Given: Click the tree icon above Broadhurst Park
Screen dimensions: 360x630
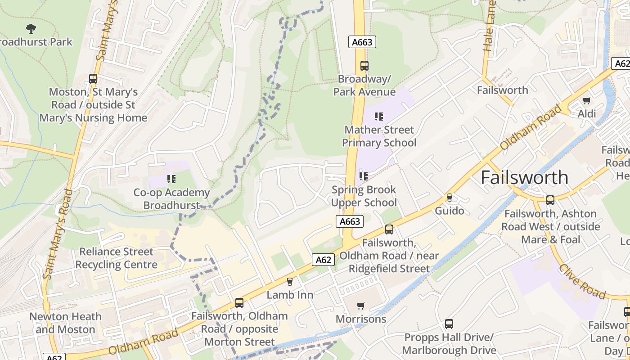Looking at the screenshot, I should click(31, 29).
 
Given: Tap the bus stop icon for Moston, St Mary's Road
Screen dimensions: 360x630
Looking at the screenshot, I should click(93, 79).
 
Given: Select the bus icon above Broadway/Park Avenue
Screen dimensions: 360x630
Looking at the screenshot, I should click(364, 66).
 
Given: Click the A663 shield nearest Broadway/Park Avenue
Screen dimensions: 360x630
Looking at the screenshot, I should click(362, 42).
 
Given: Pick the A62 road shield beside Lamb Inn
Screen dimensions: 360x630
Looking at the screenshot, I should click(323, 260).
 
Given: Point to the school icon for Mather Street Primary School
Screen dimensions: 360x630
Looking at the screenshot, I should click(379, 117).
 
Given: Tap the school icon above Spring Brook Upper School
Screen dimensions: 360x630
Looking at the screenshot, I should click(363, 176).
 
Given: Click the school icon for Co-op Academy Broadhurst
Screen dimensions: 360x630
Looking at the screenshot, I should click(171, 180).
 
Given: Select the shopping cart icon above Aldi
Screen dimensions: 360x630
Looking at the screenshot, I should click(586, 101).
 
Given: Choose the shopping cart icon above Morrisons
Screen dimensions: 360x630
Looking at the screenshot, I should click(360, 306).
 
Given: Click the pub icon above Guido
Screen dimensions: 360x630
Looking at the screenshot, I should click(449, 198).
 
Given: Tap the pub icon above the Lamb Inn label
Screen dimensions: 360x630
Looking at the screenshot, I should click(290, 282).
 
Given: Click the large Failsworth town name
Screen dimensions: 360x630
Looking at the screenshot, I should click(524, 178).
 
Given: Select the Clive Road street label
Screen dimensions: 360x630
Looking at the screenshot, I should click(582, 282).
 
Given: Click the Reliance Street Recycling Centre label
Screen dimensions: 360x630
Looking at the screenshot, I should click(116, 258).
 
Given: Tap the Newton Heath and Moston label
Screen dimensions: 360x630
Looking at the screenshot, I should click(65, 323).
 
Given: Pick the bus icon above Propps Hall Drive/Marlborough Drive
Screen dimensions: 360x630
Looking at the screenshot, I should click(449, 324).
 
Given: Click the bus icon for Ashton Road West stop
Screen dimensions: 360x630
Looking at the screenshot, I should click(550, 200).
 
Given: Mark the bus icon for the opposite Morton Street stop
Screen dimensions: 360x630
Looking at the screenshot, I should click(239, 303).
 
